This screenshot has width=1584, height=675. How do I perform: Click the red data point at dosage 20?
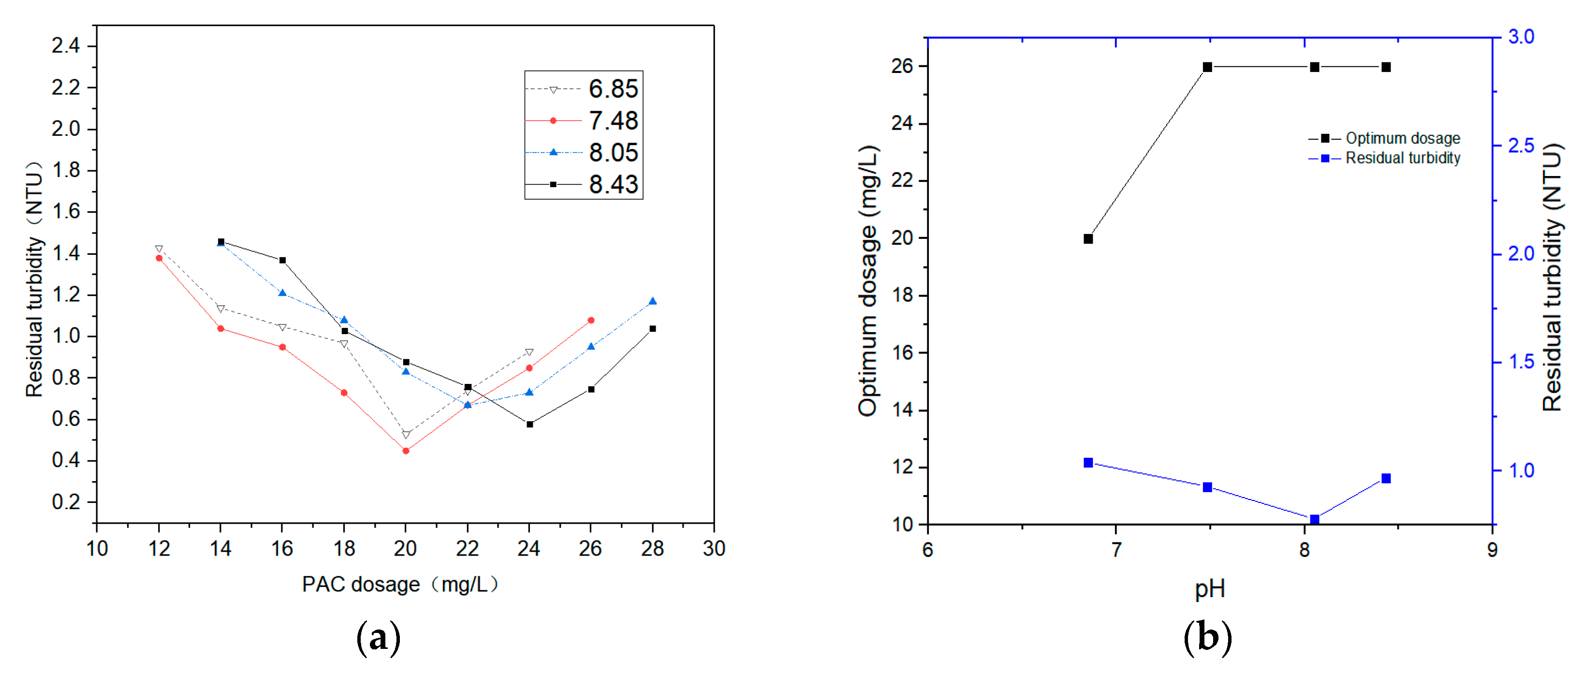point(406,451)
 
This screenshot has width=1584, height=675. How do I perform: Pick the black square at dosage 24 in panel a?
point(529,424)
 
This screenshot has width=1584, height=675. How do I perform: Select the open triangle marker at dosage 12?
point(159,249)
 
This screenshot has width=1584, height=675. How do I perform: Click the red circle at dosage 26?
point(591,320)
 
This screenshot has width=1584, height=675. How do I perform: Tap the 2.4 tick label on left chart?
point(66,45)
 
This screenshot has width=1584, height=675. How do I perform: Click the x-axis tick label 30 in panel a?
point(714,548)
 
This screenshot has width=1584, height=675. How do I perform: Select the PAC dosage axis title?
point(400,584)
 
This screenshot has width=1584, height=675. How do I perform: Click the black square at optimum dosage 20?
point(1088,238)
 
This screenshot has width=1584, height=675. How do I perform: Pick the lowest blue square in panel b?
point(1314,519)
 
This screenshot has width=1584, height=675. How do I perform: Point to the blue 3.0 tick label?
point(1521,37)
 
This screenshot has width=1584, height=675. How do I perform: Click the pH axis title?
point(1210,589)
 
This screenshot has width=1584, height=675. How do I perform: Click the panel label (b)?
point(1208,637)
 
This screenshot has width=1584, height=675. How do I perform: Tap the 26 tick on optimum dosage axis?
point(902,66)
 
